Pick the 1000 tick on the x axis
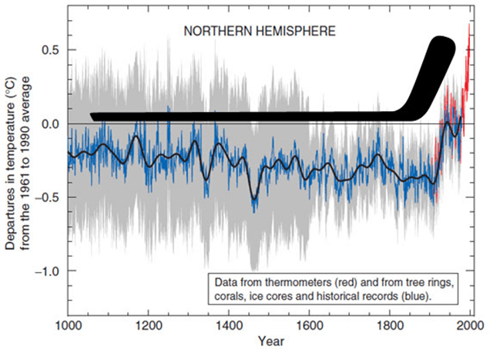coord(68,326)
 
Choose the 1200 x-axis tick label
coord(147,326)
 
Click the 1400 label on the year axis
coord(227,326)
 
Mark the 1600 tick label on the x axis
coord(307,326)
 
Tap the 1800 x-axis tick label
coord(388,326)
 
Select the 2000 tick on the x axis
coord(467,326)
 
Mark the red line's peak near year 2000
coord(469,25)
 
